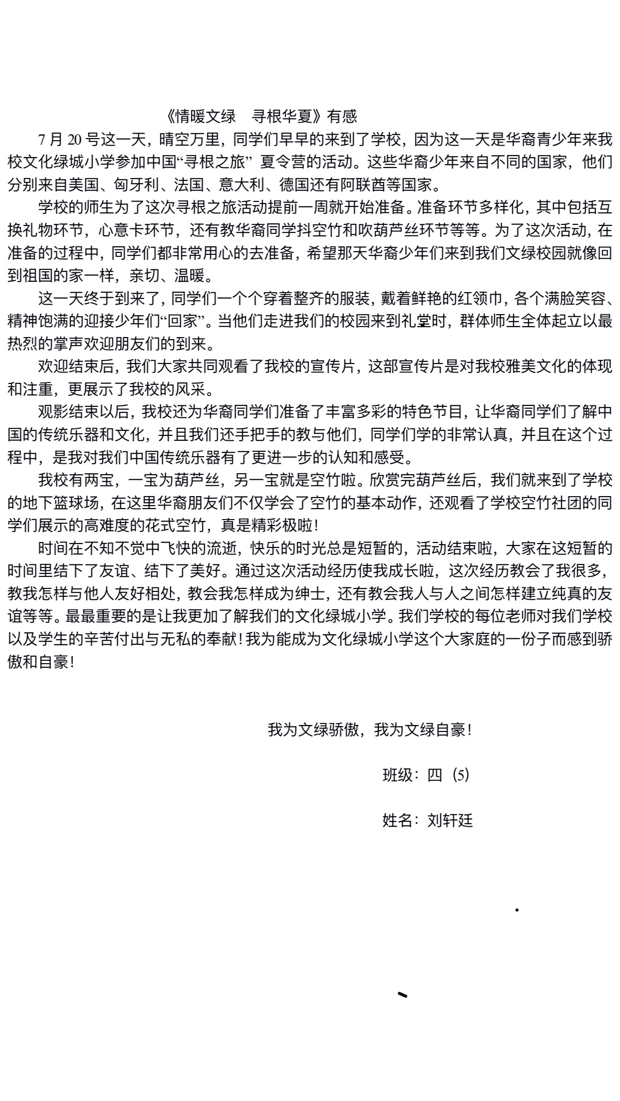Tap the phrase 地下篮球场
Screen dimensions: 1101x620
point(60,503)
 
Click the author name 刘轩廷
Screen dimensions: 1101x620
point(450,820)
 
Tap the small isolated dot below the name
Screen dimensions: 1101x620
point(517,910)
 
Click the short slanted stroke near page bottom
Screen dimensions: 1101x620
point(402,995)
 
